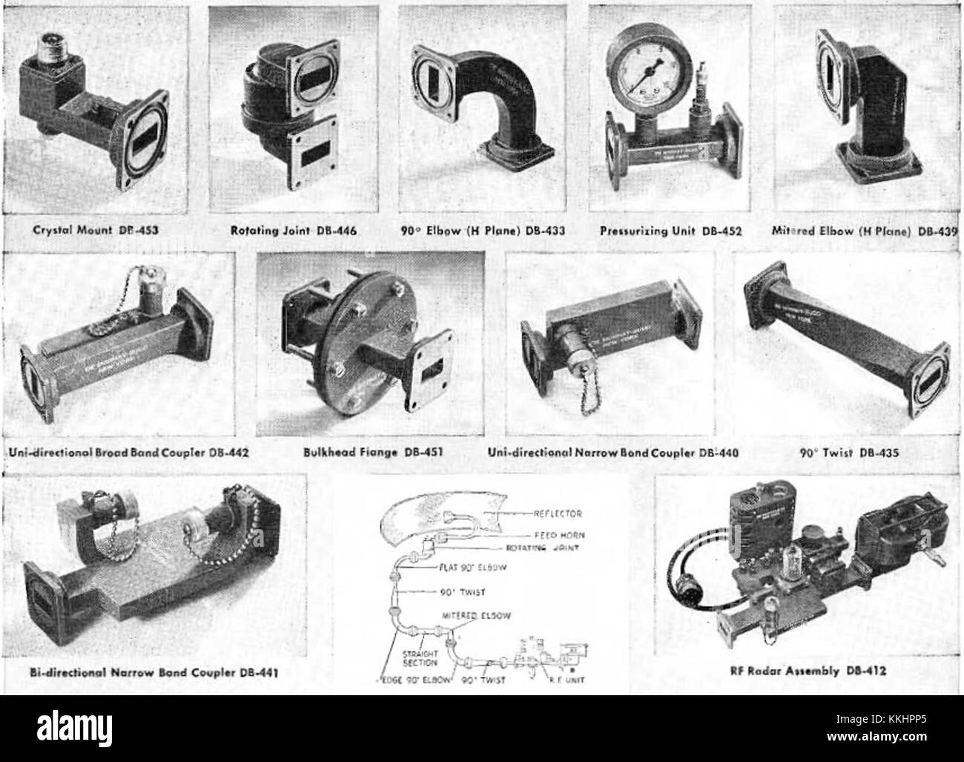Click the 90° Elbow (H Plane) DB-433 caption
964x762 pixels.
482,230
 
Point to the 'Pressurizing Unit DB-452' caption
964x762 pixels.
671,230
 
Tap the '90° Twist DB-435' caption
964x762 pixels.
840,450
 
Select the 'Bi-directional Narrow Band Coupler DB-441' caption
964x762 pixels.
156,672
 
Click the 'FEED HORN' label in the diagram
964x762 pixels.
558,534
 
